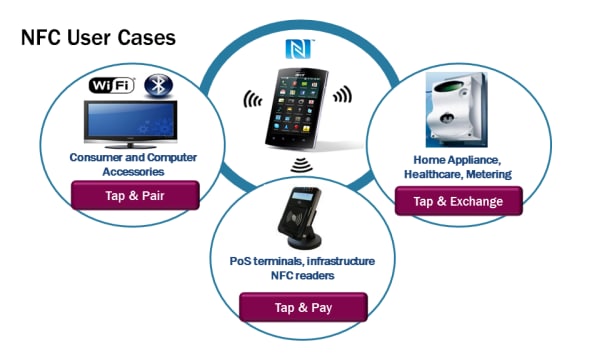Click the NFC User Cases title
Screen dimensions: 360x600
click(97, 38)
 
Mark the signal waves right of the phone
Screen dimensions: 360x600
click(343, 96)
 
